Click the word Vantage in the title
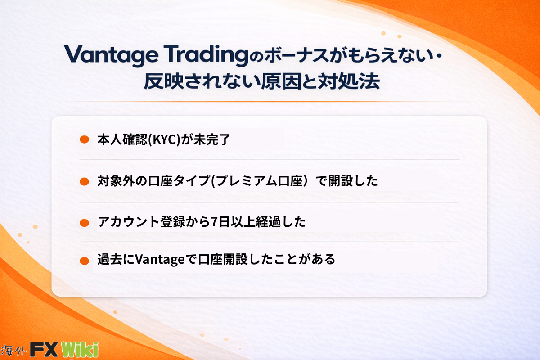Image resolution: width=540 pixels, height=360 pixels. pos(111,55)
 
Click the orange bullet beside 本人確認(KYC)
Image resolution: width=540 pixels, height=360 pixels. pos(85,139)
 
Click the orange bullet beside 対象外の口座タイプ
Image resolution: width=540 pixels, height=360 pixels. pos(85,181)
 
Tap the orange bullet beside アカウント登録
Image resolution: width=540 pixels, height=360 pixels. pos(85,223)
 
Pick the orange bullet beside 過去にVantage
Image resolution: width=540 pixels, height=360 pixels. pos(85,261)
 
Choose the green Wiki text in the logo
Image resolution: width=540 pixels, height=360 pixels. pos(80,349)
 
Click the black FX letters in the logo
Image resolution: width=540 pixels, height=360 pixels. pos(44,349)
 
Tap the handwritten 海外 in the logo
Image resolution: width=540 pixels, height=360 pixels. pos(13,350)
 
